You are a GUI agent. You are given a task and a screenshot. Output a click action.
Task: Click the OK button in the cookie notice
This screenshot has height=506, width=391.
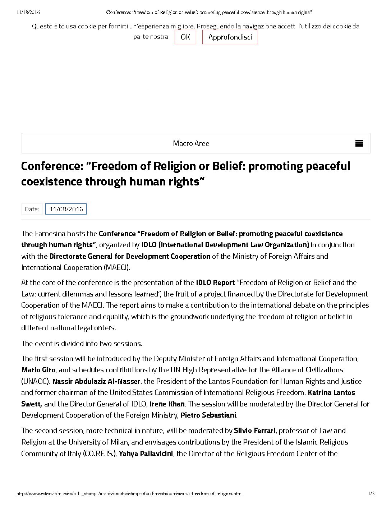point(185,37)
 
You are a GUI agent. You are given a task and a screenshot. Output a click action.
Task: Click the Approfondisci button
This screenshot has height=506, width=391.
point(230,37)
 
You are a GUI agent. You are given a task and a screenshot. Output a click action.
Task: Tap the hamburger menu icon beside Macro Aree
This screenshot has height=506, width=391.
point(359,143)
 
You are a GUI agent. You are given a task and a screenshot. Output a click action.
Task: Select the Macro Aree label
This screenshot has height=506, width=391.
point(191,143)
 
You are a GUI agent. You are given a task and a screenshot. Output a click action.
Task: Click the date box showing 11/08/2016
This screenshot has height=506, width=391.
point(66,209)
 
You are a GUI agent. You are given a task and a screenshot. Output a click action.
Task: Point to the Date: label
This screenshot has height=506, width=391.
point(32,209)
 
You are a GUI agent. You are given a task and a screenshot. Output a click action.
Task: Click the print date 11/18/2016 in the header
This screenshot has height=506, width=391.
point(28,12)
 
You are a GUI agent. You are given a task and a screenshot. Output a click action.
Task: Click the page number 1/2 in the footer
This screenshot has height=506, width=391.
point(371,493)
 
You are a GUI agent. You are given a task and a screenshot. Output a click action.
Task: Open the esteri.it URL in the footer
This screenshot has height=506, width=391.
point(129,493)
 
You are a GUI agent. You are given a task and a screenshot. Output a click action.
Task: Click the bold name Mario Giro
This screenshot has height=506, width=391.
point(38,370)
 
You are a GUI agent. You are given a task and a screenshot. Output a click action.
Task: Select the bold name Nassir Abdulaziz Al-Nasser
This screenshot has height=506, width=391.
point(96,381)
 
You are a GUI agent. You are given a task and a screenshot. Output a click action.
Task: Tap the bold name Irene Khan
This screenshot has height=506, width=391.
point(167,404)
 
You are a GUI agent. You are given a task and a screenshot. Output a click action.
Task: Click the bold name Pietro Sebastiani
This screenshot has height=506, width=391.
point(208,415)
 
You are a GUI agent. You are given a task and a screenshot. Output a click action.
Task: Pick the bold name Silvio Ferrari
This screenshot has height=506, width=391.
point(254,431)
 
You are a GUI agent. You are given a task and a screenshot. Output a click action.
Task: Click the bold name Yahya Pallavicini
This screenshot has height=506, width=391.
point(146,454)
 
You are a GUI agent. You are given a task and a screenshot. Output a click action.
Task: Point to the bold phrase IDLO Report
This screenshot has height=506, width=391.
point(215,282)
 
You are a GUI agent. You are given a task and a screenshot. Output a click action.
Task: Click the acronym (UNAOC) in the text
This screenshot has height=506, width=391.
point(36,381)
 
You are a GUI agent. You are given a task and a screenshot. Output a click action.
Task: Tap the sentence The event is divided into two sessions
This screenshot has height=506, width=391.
point(82,344)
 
